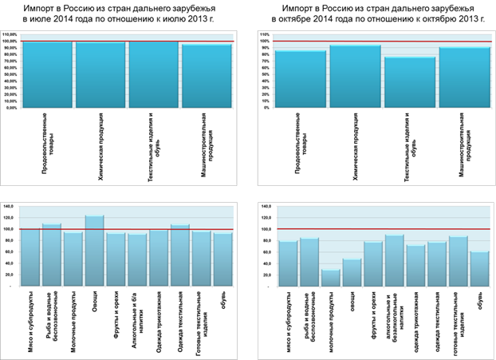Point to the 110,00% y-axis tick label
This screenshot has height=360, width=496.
[10, 35]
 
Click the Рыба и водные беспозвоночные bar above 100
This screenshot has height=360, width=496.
[52, 254]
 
